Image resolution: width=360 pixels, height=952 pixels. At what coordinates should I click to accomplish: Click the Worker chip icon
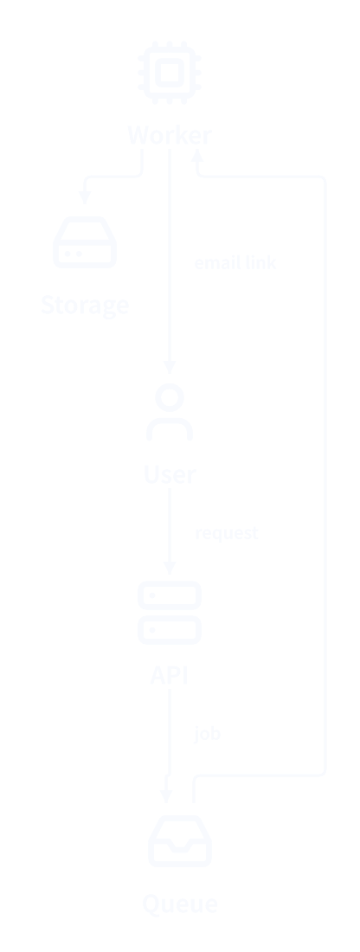[170, 72]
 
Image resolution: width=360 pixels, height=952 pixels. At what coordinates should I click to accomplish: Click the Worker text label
[170, 135]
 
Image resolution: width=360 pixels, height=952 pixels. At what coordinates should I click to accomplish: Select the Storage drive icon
[85, 241]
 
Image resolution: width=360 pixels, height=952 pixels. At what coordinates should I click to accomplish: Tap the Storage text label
[85, 304]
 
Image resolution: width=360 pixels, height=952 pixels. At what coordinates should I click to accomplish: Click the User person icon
[170, 412]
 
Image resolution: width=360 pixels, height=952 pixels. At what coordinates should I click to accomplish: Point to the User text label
[170, 474]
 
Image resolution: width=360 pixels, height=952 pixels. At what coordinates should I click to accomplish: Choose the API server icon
[170, 613]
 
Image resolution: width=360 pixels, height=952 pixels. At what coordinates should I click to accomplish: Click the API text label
[170, 675]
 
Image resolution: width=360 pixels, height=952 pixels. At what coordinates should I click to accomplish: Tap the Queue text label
[180, 904]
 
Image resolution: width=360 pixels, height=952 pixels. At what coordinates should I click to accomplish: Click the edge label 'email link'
[235, 263]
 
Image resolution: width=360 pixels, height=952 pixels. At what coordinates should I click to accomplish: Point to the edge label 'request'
[227, 533]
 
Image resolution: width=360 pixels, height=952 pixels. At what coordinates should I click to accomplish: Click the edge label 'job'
[207, 733]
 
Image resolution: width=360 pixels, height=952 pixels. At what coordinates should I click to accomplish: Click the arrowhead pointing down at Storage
[85, 197]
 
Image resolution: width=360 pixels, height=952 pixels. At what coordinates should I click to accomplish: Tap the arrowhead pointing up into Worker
[198, 156]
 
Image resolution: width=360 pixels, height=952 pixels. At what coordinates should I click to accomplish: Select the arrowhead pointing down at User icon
[170, 367]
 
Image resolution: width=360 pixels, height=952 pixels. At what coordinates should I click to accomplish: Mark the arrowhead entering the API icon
[170, 568]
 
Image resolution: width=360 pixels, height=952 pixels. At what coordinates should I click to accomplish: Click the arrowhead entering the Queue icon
[166, 796]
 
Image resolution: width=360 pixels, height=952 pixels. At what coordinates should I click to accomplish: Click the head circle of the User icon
[170, 397]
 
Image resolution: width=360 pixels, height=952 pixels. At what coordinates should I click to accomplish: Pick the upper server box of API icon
[170, 595]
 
